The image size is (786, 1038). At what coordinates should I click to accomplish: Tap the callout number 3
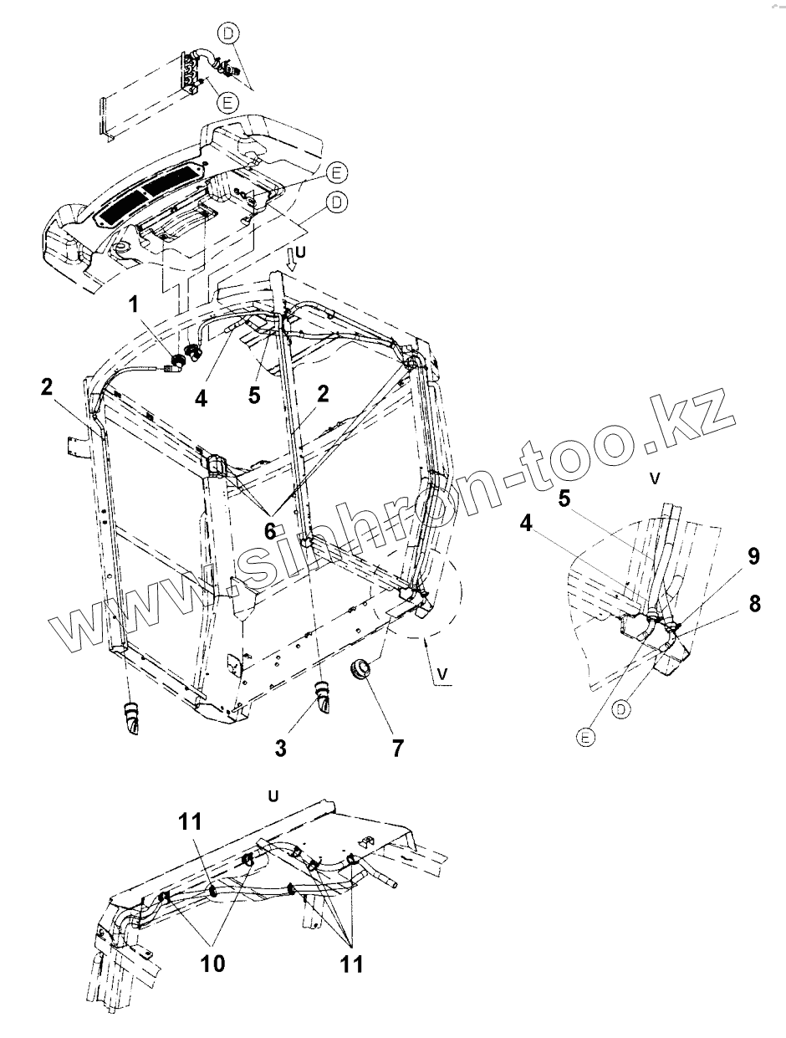pyautogui.click(x=281, y=747)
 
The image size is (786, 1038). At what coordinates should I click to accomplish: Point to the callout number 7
pyautogui.click(x=396, y=747)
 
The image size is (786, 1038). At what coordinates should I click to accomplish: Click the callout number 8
pyautogui.click(x=755, y=604)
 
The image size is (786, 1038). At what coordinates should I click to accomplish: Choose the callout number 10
pyautogui.click(x=212, y=964)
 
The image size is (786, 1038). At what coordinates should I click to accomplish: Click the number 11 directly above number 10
pyautogui.click(x=190, y=822)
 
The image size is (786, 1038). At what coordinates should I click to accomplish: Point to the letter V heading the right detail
pyautogui.click(x=656, y=478)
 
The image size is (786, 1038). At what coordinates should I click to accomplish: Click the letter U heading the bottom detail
pyautogui.click(x=273, y=795)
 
